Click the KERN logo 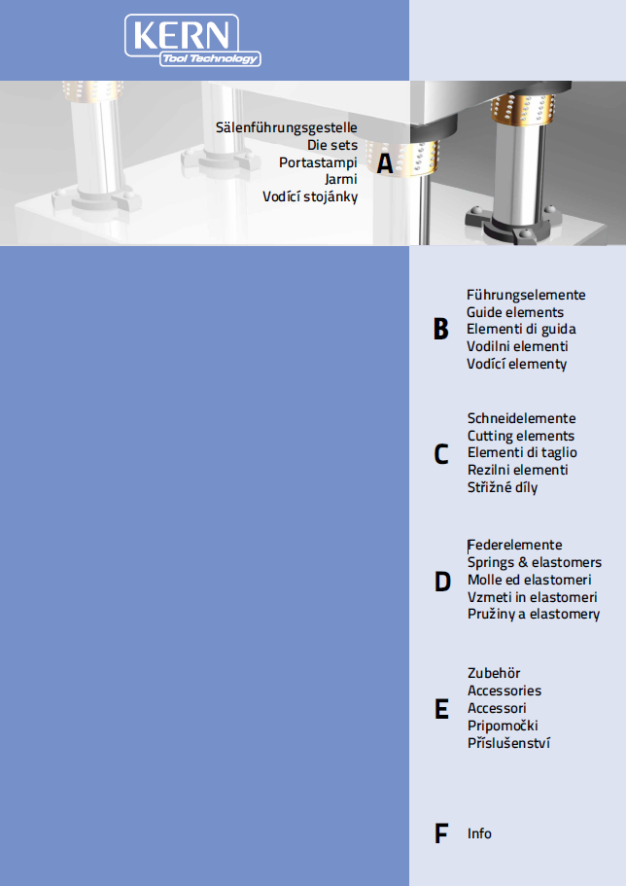point(192,40)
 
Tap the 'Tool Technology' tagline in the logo point(210,58)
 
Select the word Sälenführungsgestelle point(287,128)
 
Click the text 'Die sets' point(332,145)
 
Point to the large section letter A point(385,163)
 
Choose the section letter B point(440,329)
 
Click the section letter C point(441,454)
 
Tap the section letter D point(442,582)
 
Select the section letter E point(441,709)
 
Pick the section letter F point(440,833)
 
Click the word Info point(479,833)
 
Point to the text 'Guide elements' point(514,312)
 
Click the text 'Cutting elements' point(521,437)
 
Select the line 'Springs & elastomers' point(535,563)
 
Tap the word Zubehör point(494,673)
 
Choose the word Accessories point(504,691)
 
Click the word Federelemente point(514,546)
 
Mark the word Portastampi point(318,162)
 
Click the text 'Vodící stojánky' point(310,197)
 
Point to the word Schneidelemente point(521,419)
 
